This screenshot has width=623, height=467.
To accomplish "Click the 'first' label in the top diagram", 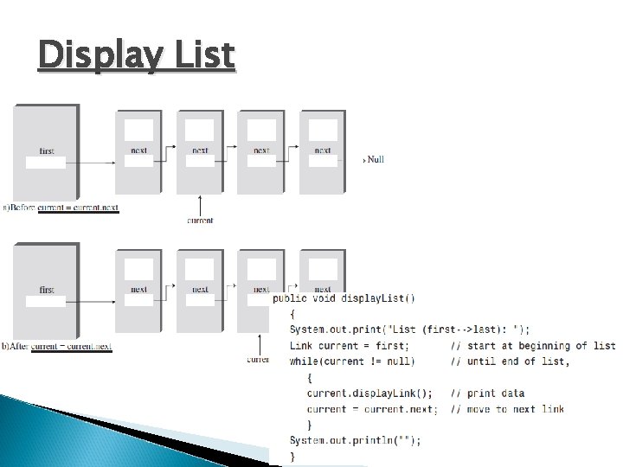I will pyautogui.click(x=47, y=151).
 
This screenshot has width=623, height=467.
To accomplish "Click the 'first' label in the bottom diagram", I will pyautogui.click(x=47, y=290).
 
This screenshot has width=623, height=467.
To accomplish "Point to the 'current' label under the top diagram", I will pyautogui.click(x=200, y=221).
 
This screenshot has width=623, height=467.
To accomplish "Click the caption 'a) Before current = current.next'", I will pyautogui.click(x=61, y=208).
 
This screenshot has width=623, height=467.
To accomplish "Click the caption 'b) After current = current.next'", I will pyautogui.click(x=57, y=347).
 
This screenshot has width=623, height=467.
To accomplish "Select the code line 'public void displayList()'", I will pyautogui.click(x=344, y=298).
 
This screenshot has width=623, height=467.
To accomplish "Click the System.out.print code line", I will pyautogui.click(x=410, y=329).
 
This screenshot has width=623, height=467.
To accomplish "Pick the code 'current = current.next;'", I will pyautogui.click(x=372, y=409).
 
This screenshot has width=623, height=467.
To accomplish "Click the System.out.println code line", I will pyautogui.click(x=356, y=440).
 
